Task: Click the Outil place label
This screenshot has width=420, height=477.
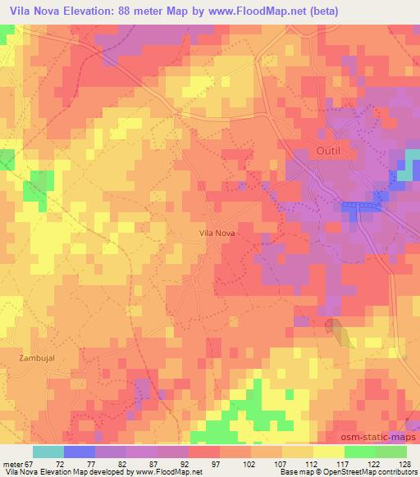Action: pos(330,149)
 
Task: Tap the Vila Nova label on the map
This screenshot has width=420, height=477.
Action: pos(217,233)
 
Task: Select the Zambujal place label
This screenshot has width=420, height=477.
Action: pos(35,358)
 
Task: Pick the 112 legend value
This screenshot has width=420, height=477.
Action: pos(311,463)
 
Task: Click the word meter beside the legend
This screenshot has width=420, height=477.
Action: pos(11,463)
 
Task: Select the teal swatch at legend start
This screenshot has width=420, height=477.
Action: pos(48,452)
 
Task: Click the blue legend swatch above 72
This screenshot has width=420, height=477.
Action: pos(79,452)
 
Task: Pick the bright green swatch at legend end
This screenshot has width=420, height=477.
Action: pos(390,452)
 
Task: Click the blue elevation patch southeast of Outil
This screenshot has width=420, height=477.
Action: pos(362,210)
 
